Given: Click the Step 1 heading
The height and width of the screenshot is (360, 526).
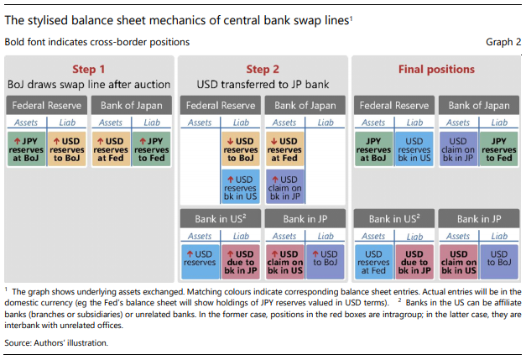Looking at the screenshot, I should click(90, 70).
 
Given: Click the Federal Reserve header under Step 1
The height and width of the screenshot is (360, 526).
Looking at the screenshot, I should click(46, 105).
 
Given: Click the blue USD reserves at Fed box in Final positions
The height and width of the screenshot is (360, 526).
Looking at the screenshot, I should click(374, 260).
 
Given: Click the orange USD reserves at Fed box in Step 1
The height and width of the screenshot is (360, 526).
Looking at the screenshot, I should click(111, 147).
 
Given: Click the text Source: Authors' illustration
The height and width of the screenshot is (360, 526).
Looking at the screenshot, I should click(56, 342).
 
